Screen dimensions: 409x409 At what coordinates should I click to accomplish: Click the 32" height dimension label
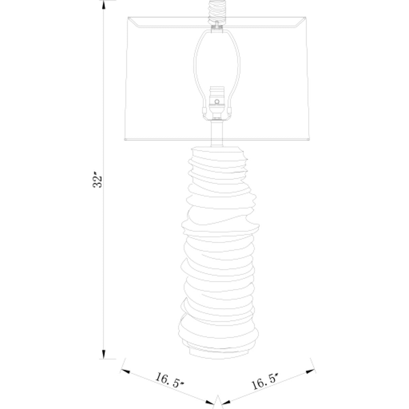(x=98, y=181)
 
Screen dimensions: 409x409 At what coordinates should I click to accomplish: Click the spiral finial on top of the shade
(x=217, y=9)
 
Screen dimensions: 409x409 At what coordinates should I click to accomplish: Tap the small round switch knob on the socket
(x=216, y=101)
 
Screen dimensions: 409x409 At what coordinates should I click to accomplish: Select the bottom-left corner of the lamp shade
(x=124, y=140)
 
